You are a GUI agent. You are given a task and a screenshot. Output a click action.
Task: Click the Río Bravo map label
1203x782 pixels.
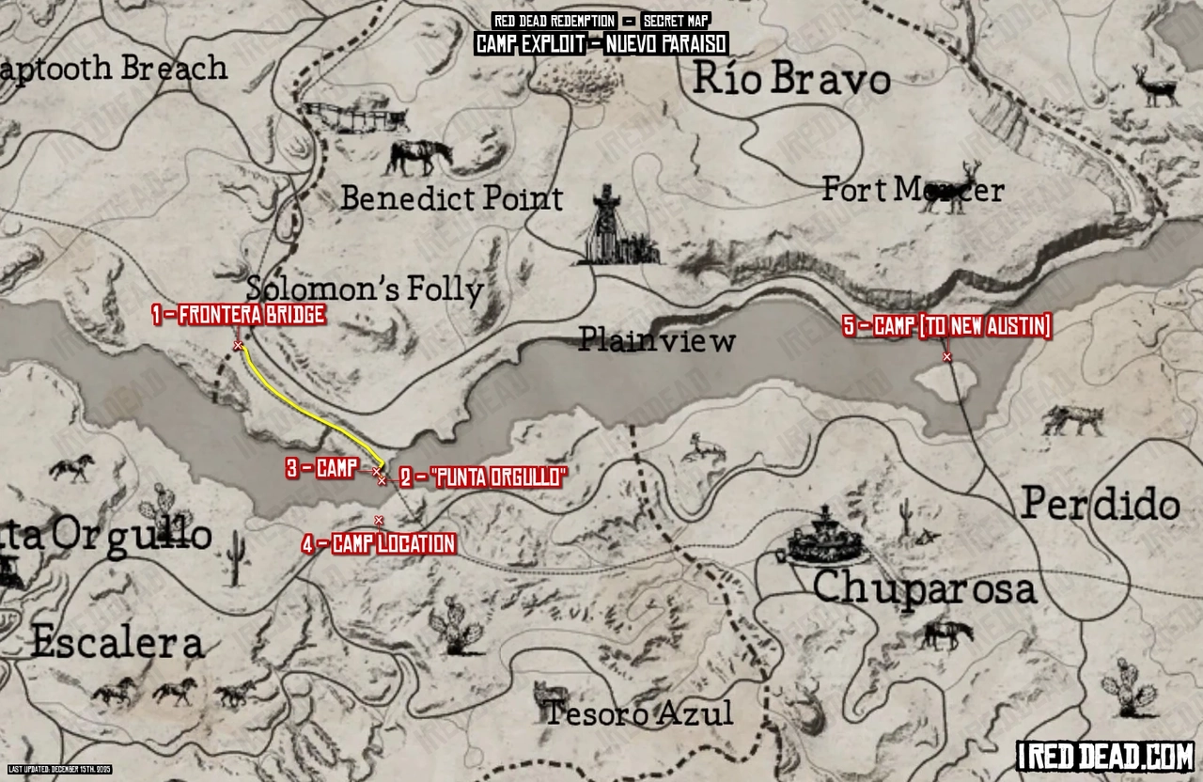791,80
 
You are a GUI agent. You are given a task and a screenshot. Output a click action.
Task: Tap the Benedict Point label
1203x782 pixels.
451,198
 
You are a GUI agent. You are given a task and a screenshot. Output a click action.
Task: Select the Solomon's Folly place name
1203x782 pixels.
365,289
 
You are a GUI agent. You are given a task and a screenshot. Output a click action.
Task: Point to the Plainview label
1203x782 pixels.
656,340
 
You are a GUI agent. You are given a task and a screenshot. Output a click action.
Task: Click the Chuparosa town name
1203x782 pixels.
924,589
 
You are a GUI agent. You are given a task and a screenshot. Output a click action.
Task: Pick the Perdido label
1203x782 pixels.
1101,505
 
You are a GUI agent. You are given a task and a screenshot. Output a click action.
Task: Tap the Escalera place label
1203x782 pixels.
117,644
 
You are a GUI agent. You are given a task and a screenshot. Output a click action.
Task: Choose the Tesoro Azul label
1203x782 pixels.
639,713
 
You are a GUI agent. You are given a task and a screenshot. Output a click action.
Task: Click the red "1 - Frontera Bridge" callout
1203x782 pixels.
240,315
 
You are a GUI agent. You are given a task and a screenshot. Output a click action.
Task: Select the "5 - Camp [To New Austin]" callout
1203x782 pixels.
946,326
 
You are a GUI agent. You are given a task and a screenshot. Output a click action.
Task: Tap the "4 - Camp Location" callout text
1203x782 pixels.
379,543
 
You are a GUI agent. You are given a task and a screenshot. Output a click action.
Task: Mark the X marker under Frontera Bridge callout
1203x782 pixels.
238,346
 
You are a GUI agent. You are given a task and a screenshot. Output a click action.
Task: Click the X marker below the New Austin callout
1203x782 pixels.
946,356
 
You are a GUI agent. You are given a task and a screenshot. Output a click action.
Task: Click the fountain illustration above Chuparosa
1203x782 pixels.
824,537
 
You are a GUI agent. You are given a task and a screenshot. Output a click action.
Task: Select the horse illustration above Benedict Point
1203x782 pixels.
418,157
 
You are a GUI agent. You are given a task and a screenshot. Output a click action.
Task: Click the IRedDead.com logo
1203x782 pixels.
1105,755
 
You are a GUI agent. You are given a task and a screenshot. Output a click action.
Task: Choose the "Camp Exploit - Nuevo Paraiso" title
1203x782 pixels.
601,44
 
